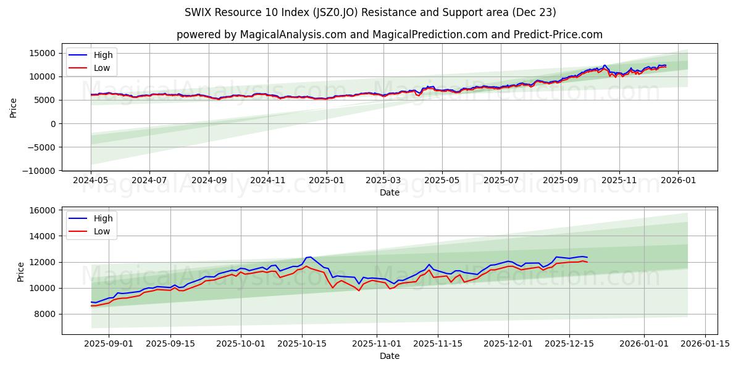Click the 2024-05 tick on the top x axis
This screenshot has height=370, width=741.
[x=91, y=181]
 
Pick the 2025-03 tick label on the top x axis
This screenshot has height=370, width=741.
[x=383, y=181]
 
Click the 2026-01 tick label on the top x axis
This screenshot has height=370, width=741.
[x=677, y=181]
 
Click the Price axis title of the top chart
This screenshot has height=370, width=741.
[x=14, y=107]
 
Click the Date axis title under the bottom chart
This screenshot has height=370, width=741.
[x=389, y=356]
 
